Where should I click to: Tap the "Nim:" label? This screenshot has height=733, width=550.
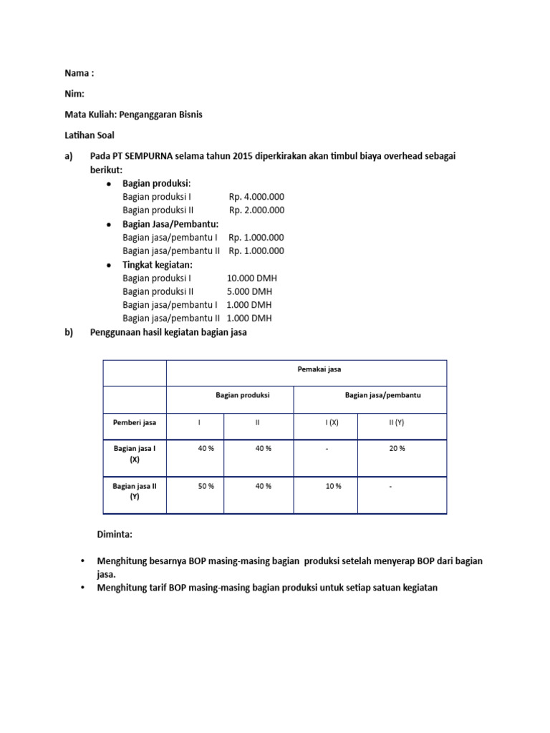(x=75, y=94)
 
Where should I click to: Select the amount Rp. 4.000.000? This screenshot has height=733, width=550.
(x=256, y=197)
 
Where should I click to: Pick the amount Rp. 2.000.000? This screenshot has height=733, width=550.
(x=256, y=210)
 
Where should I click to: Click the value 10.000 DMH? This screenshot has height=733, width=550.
(x=251, y=278)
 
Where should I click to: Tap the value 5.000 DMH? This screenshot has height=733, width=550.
(x=249, y=291)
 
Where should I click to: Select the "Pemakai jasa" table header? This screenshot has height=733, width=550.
(x=319, y=369)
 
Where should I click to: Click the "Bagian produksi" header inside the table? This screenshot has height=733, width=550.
(x=243, y=395)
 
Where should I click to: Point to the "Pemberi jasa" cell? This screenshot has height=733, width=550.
(x=135, y=422)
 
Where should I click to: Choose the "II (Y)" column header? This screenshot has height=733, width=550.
(x=396, y=422)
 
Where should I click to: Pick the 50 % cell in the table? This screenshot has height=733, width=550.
(x=206, y=486)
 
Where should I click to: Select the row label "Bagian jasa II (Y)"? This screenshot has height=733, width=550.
(x=135, y=491)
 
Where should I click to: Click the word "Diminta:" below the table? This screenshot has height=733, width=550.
(x=115, y=535)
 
